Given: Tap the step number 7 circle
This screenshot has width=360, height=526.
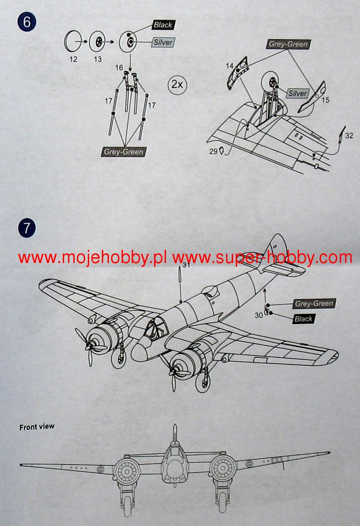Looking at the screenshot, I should tap(27, 228).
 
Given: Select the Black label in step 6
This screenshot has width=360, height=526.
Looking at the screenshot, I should tap(163, 25).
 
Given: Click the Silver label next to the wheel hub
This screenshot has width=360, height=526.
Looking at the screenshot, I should tap(163, 42).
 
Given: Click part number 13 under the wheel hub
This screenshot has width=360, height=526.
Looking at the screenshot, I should tap(97, 59).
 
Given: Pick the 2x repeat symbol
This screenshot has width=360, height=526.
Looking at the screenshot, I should tap(177, 84).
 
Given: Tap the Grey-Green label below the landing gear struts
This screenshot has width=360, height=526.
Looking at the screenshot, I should tap(123, 152).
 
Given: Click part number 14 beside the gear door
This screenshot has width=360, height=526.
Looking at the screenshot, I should tap(230, 66).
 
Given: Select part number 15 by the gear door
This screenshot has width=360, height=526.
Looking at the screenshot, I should tap(325, 100).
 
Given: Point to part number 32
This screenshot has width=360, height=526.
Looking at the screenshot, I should tap(349, 135).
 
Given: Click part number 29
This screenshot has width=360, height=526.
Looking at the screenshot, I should tap(214, 151).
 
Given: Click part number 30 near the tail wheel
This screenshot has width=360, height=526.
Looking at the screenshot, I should tap(259, 314).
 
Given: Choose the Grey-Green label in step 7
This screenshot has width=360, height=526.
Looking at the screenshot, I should tap(314, 304).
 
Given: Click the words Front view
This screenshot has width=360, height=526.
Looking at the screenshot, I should tap(37, 426).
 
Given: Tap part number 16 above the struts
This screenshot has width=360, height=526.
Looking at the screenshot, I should tap(119, 68).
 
